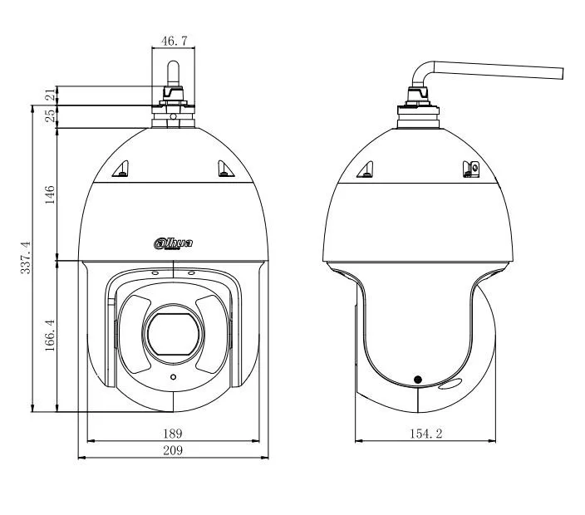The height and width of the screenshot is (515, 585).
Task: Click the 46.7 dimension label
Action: point(174,41)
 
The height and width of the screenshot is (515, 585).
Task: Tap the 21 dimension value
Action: point(50,96)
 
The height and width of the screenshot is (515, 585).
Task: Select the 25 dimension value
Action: point(50,115)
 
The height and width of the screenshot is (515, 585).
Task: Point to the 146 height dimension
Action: point(50,194)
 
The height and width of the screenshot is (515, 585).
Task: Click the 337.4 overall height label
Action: point(26,257)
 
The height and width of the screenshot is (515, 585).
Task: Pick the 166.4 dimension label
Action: point(50,335)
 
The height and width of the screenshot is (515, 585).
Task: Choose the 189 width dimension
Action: point(172,434)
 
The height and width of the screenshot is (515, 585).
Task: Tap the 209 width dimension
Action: point(173,450)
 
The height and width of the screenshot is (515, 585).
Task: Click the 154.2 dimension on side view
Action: point(426,434)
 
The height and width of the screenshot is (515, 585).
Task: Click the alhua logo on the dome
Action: point(173,243)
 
